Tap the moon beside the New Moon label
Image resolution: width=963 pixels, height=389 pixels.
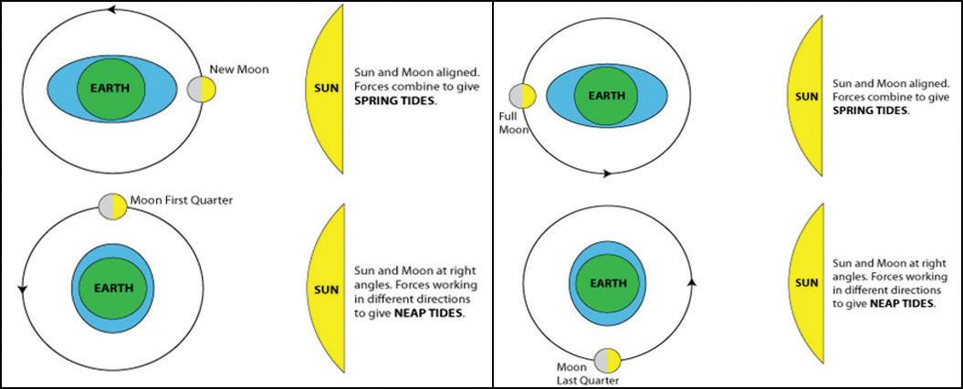[x=201, y=89]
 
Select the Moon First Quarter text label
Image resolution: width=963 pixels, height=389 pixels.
[x=182, y=200]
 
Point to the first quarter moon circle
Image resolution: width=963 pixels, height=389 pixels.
[x=112, y=205]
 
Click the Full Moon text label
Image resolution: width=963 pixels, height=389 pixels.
[x=508, y=122]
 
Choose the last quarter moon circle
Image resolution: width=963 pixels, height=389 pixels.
[x=607, y=361]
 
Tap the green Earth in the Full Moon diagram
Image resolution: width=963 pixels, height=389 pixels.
[x=606, y=95]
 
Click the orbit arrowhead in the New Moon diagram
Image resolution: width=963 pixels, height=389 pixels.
[x=111, y=10]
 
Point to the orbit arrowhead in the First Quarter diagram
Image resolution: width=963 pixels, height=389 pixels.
[x=23, y=289]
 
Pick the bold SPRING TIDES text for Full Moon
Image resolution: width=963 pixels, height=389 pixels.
[x=871, y=110]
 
